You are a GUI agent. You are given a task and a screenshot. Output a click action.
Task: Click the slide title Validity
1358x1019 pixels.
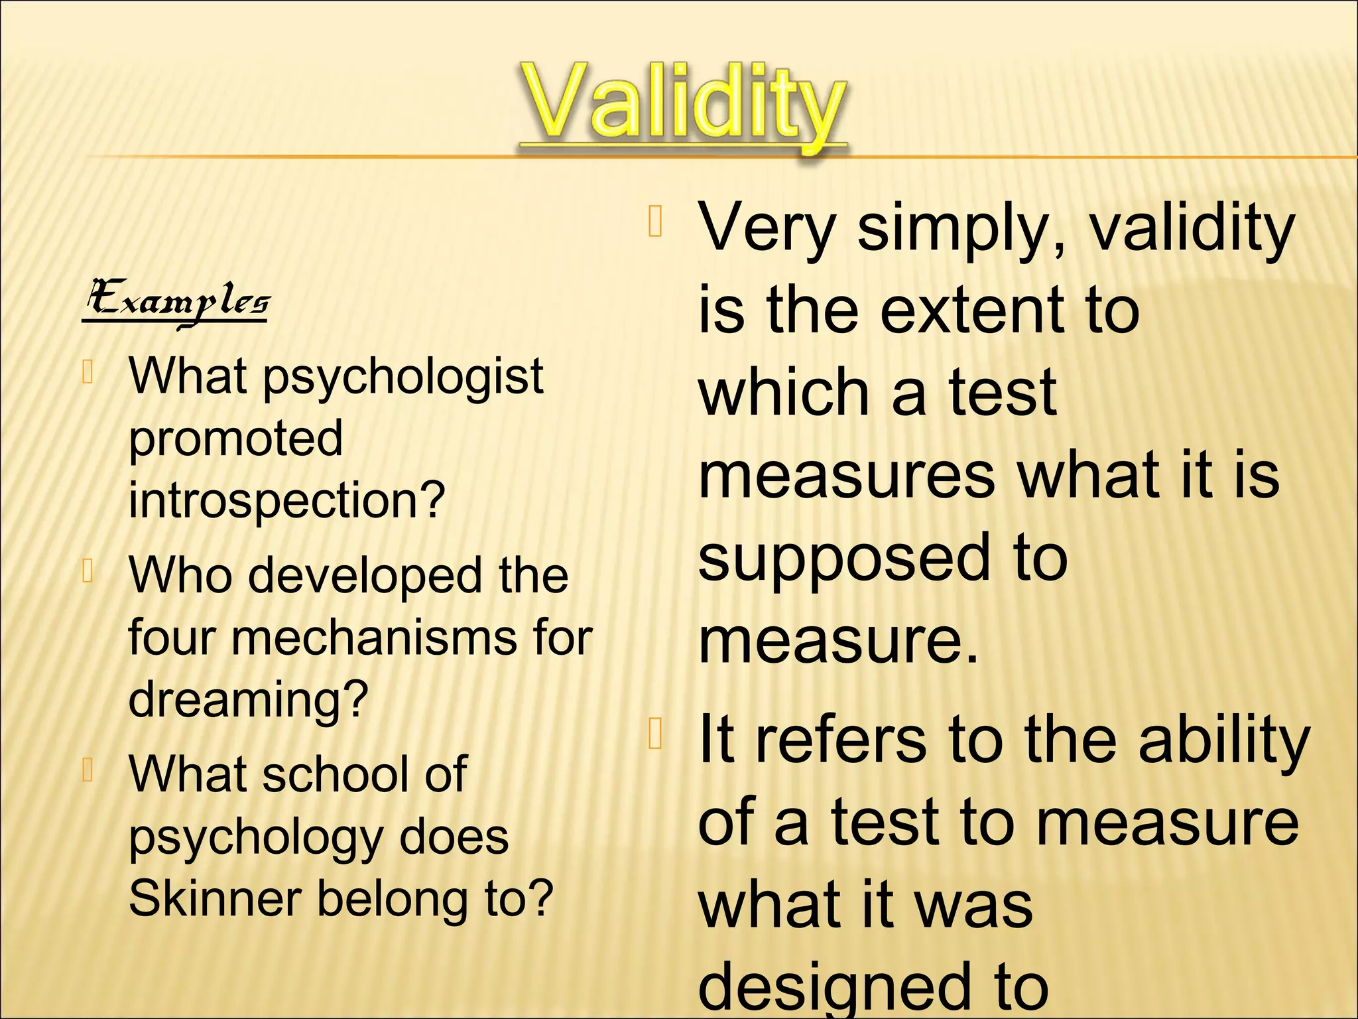[683, 106]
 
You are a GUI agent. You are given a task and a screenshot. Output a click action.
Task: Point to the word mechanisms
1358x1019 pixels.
[373, 638]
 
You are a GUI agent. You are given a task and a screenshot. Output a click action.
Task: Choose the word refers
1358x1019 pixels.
[841, 740]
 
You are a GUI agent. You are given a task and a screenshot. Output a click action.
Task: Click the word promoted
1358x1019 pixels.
[235, 439]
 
